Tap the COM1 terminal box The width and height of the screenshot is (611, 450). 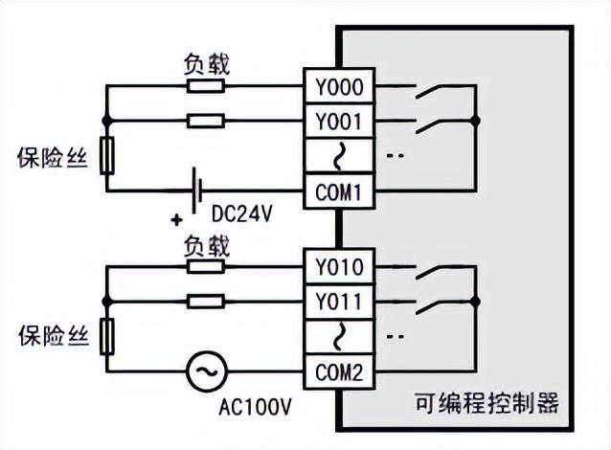coord(339,191)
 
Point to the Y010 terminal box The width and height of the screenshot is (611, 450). coord(339,267)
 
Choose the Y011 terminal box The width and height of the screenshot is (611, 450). coord(339,303)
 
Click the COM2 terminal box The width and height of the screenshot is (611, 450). coord(339,372)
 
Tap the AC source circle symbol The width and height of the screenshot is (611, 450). coord(205,372)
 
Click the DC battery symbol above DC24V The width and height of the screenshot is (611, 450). coord(197,191)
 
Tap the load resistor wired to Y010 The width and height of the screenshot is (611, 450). coord(205,267)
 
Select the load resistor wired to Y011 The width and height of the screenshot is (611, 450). coord(205,303)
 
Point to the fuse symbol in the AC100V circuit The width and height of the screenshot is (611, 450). coord(106,336)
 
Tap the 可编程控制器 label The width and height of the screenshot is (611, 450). coord(487,402)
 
